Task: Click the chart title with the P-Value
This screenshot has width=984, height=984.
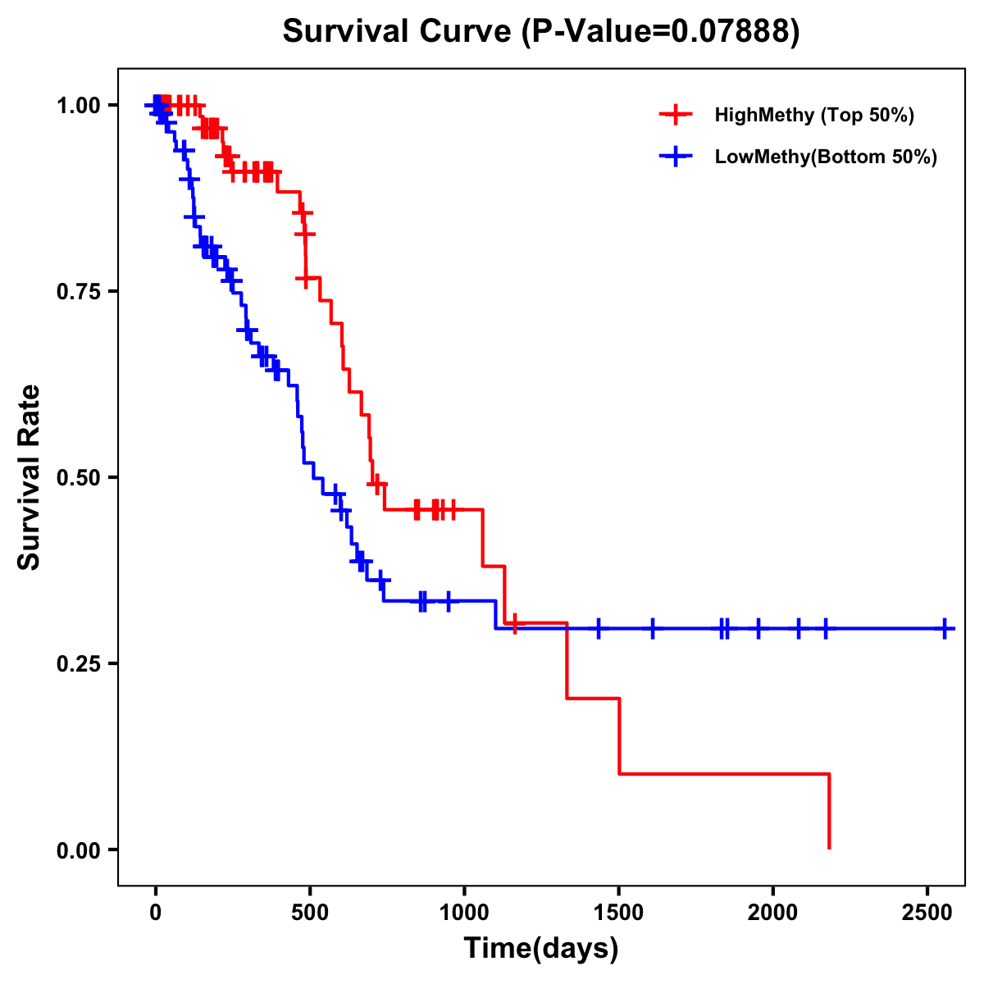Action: click(x=540, y=32)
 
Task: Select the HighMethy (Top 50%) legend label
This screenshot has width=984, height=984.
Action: click(x=814, y=115)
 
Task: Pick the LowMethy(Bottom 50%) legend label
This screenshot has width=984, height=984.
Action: click(x=826, y=157)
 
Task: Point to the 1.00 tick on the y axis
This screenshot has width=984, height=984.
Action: click(x=78, y=105)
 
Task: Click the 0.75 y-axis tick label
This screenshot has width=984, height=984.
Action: click(x=78, y=291)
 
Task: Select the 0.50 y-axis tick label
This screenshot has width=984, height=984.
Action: click(x=78, y=477)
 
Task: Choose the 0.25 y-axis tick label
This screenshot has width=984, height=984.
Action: click(x=78, y=663)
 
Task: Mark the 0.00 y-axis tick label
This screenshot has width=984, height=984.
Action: click(x=78, y=850)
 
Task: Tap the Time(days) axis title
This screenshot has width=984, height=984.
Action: click(x=541, y=949)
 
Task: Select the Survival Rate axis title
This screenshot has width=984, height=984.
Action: click(x=30, y=477)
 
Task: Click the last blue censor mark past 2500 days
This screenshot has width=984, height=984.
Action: click(x=945, y=629)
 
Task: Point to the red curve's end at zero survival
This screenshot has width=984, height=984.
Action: click(x=829, y=847)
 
